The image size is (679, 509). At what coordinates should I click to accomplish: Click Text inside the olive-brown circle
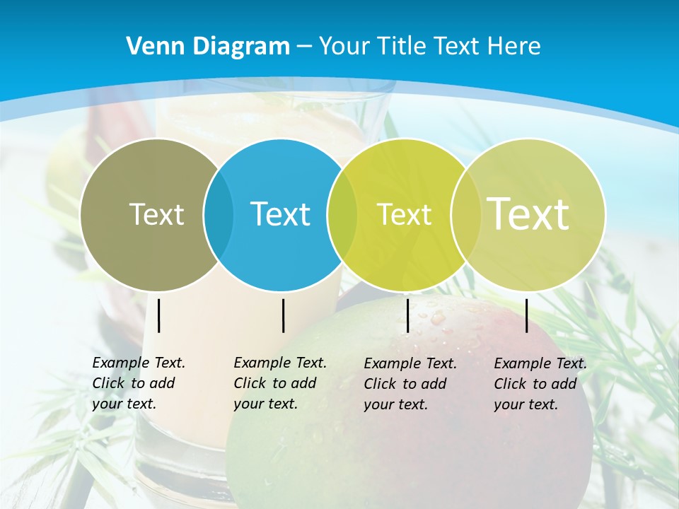156,214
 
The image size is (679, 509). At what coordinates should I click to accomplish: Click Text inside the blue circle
280,214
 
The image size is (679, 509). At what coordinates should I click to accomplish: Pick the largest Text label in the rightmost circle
528,213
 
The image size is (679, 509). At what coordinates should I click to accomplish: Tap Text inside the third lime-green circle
404,214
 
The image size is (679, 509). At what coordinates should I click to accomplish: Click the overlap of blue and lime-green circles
342,214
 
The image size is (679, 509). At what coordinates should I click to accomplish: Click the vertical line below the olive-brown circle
159,315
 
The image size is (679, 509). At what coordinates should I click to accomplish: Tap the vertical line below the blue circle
283,315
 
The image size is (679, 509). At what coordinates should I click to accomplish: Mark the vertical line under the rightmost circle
527,315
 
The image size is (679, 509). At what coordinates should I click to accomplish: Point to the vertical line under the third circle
408,315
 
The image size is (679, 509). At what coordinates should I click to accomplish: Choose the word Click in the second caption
250,383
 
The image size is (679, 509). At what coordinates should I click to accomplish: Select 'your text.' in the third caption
395,404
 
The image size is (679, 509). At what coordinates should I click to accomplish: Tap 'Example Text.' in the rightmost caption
540,363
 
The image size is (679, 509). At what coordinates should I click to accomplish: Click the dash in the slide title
304,47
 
